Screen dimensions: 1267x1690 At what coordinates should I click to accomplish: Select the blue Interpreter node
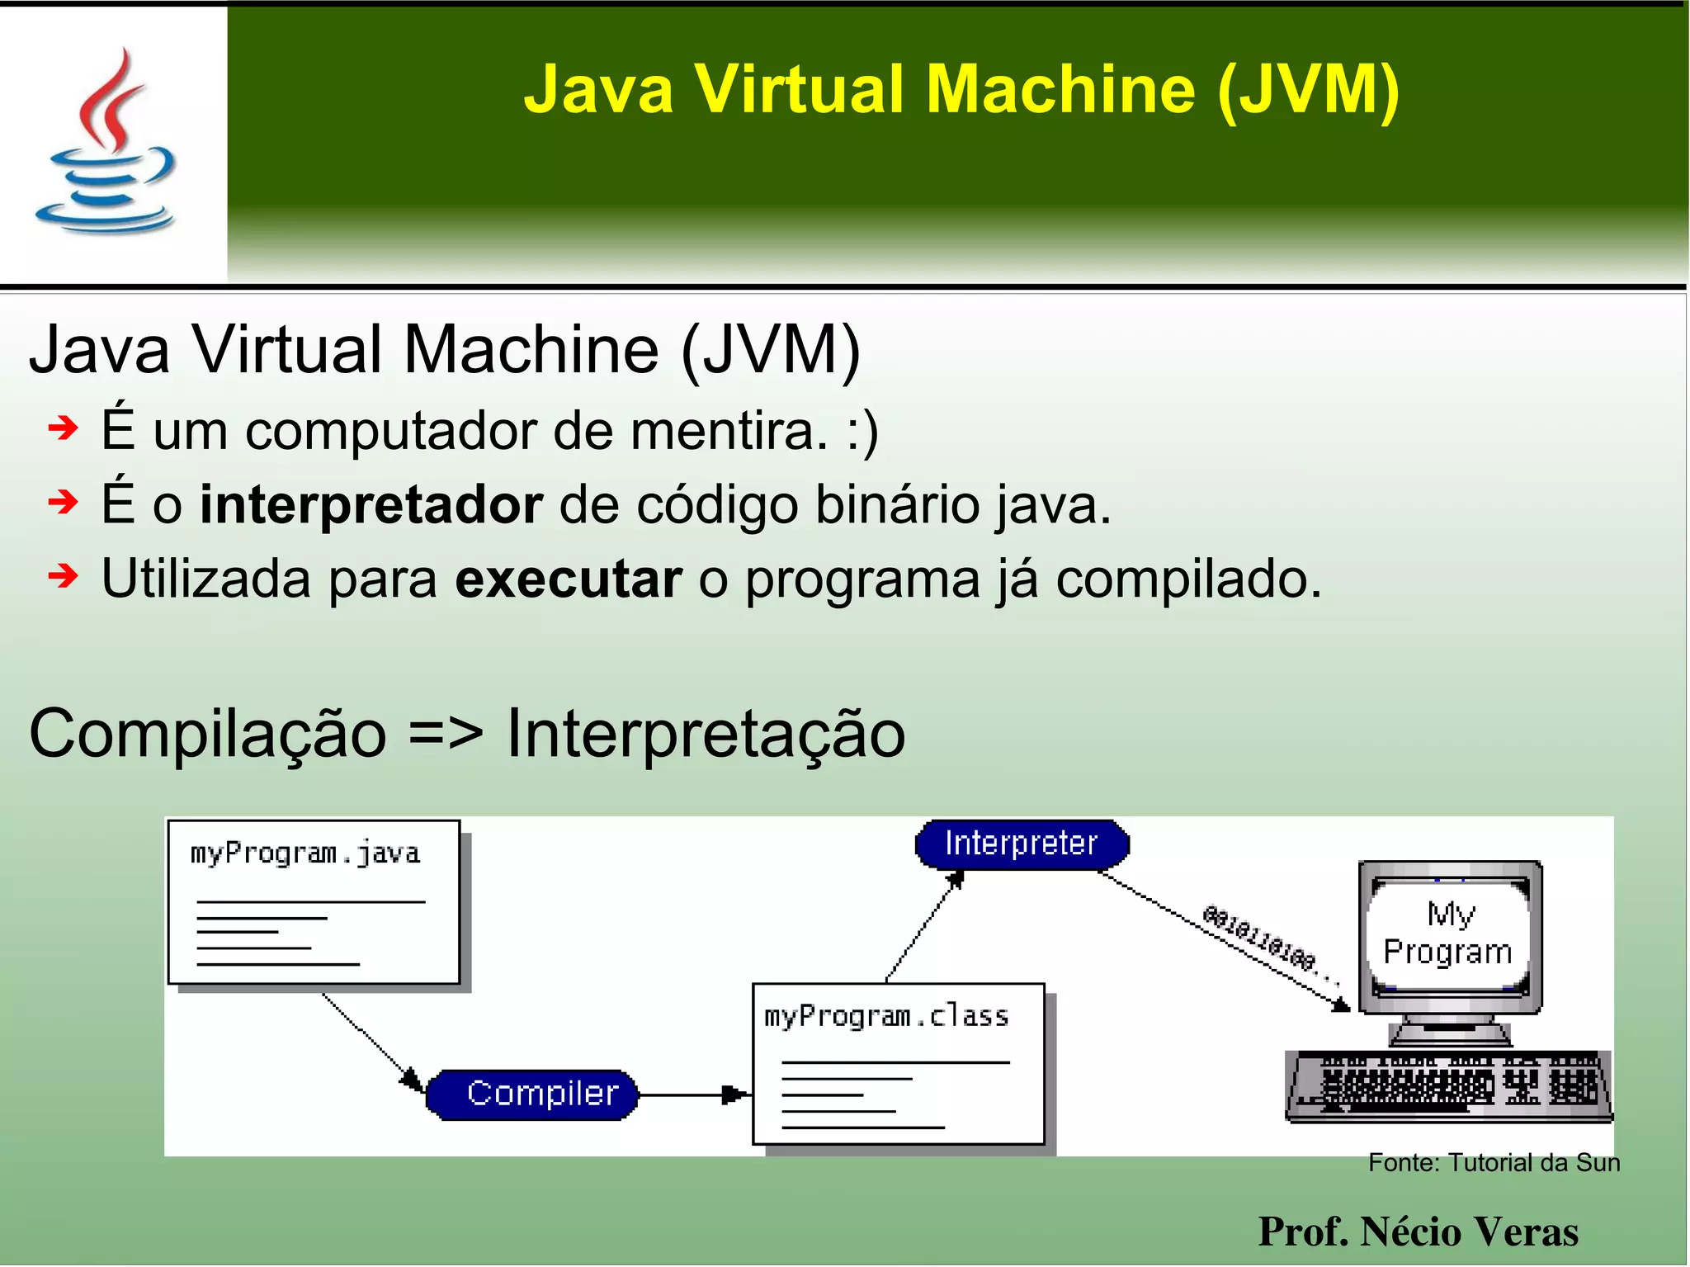(x=1022, y=844)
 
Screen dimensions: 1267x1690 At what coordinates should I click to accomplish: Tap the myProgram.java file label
(x=305, y=853)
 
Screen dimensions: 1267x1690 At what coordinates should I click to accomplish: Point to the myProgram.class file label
(x=886, y=1016)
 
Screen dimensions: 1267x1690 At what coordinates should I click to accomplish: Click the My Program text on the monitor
(x=1449, y=934)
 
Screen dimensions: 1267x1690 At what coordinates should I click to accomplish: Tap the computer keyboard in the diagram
(x=1449, y=1086)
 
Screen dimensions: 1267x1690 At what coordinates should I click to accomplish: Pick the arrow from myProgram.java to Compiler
(x=371, y=1042)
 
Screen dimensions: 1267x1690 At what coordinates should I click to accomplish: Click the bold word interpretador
(x=371, y=504)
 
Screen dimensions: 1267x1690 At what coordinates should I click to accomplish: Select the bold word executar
(x=569, y=579)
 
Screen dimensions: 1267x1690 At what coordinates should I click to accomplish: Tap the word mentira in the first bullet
(x=729, y=431)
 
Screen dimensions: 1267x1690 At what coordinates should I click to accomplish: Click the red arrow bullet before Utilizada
(x=63, y=576)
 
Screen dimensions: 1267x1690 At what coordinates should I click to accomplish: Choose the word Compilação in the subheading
(x=208, y=734)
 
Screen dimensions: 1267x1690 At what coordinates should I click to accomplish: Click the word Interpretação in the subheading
(x=706, y=734)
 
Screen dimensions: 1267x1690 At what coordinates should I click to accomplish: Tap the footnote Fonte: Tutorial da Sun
(x=1494, y=1162)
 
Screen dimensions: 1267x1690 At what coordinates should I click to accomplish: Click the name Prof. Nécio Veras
(x=1418, y=1232)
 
